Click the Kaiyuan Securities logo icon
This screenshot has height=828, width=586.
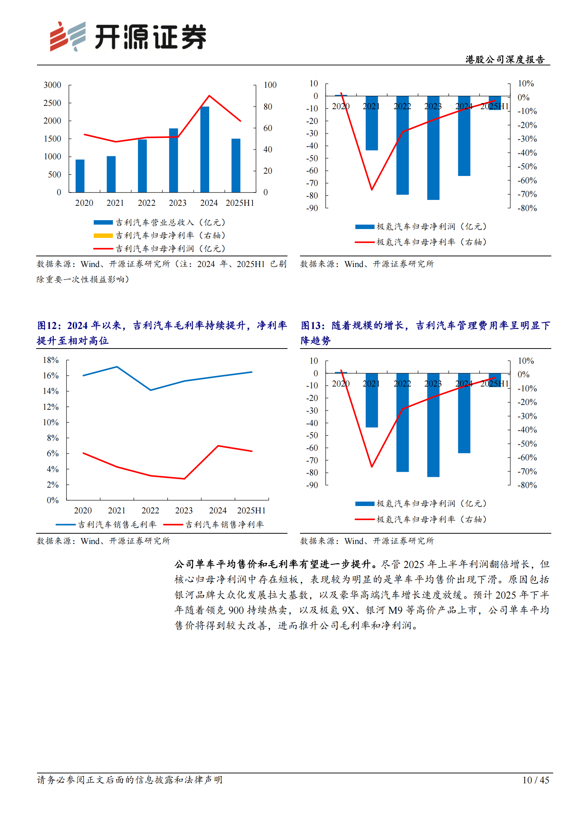point(68,36)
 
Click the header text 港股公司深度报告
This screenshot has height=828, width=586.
point(504,59)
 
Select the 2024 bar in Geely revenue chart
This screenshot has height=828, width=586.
point(204,149)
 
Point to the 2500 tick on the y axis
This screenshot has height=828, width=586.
point(52,103)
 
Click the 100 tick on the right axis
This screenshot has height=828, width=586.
point(270,85)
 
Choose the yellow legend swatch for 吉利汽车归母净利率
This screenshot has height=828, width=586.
point(103,236)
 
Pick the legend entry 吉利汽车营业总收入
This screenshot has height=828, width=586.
point(170,222)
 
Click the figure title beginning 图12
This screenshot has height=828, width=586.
point(162,333)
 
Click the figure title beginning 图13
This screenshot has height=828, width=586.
point(425,333)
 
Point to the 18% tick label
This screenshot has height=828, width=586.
point(51,360)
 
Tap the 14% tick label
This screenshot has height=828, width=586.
point(51,391)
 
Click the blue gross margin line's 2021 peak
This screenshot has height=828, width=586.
point(117,367)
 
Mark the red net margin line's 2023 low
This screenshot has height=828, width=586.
point(184,479)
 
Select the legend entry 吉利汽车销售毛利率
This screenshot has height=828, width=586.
point(117,524)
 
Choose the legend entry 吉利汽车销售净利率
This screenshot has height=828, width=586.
point(224,524)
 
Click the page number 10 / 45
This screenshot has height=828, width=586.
point(535,780)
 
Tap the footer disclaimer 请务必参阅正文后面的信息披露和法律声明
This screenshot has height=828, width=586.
point(130,780)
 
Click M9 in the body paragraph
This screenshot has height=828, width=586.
point(395,610)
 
